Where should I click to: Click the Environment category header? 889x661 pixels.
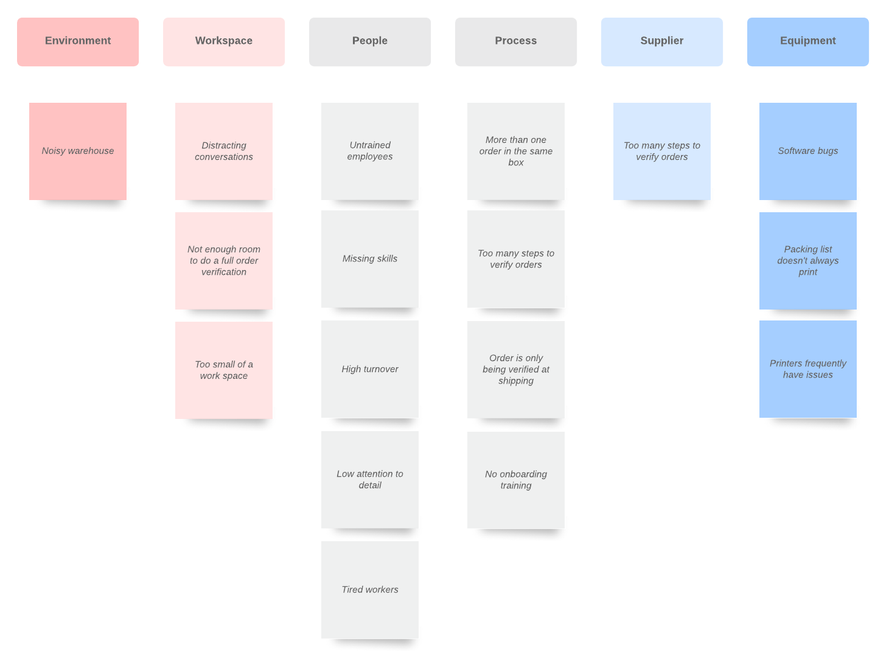click(78, 42)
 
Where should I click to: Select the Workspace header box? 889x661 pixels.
click(224, 42)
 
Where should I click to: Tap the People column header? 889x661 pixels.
click(369, 42)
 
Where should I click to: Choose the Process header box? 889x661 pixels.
click(515, 42)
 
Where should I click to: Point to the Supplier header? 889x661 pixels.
click(662, 42)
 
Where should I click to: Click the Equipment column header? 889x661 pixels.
click(807, 42)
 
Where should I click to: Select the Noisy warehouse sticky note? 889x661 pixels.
click(78, 151)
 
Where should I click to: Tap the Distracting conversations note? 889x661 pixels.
click(224, 151)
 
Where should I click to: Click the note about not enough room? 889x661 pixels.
click(224, 260)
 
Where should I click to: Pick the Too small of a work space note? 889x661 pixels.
click(224, 370)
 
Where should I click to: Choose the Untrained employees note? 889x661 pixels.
click(369, 151)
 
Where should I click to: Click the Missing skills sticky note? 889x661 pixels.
click(369, 259)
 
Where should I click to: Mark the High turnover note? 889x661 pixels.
click(369, 369)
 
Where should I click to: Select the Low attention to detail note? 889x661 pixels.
click(369, 480)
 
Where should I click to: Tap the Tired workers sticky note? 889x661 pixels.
click(369, 590)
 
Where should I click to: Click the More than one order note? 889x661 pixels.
click(515, 151)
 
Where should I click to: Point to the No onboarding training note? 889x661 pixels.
click(515, 480)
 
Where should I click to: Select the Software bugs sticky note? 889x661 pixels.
click(807, 151)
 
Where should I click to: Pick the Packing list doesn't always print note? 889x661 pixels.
click(807, 260)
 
